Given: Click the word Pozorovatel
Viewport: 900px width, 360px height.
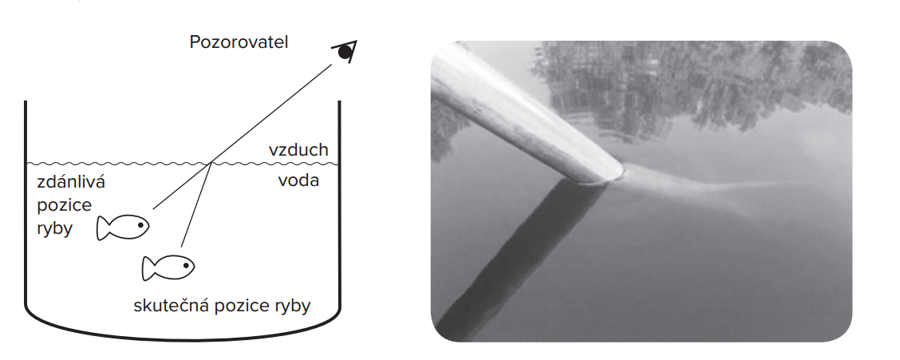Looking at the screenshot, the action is [x=239, y=42].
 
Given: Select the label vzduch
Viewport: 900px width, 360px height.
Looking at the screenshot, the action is [x=298, y=150].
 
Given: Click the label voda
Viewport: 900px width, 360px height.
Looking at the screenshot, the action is [x=298, y=180].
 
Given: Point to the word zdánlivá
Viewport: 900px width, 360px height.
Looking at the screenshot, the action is [x=71, y=183].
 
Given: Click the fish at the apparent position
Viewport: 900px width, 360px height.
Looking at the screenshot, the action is [x=123, y=227].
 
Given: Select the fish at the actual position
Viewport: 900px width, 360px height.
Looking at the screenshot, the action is [x=168, y=267].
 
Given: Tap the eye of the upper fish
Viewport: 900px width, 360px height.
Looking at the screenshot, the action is [x=140, y=225].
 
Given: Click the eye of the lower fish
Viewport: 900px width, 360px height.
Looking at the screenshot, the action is [x=185, y=265].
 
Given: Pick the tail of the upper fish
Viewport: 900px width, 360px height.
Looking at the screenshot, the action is [x=103, y=228].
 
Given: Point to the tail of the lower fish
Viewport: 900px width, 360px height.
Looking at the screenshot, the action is [x=148, y=268].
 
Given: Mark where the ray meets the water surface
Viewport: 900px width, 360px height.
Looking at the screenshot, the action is [x=211, y=164].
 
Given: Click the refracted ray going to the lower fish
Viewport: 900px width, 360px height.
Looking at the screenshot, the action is [x=196, y=205].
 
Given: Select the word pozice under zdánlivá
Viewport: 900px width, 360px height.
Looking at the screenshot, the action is [x=65, y=206].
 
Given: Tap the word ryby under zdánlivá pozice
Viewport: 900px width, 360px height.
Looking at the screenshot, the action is [x=55, y=228].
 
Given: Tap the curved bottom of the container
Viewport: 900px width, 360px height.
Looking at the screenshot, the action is [x=183, y=331].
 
